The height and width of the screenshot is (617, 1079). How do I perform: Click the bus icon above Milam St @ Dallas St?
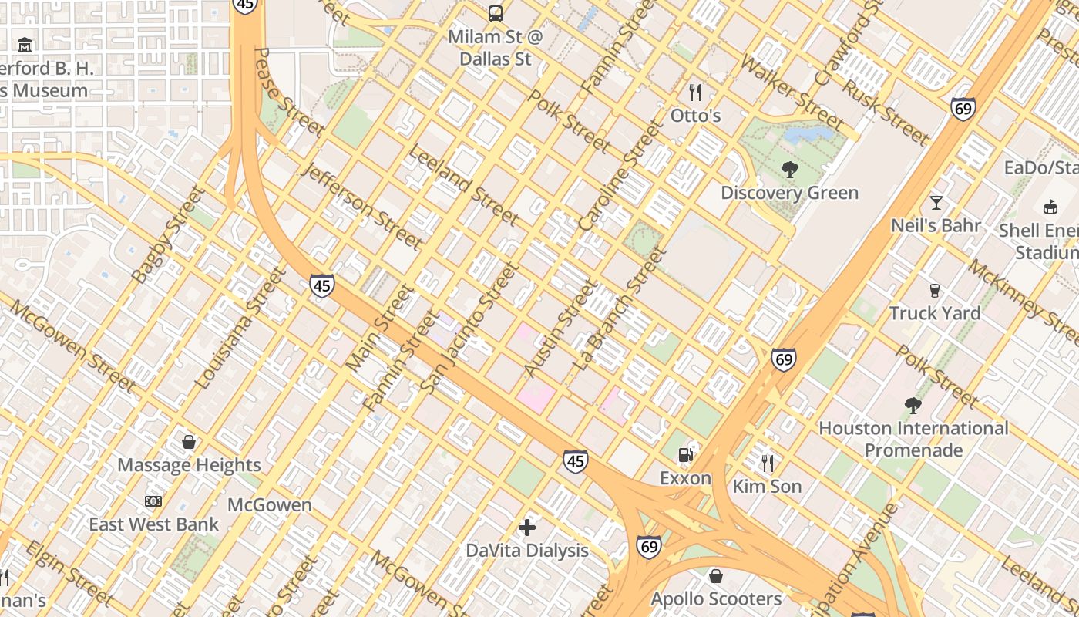[x=496, y=13]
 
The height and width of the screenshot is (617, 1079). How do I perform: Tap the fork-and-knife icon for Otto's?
[x=695, y=93]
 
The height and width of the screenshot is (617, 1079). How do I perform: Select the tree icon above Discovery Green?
[x=789, y=170]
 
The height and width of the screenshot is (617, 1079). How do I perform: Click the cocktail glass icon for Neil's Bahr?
[x=936, y=203]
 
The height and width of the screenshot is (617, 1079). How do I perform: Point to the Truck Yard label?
[x=935, y=313]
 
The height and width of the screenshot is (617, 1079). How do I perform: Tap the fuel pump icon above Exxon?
[x=684, y=455]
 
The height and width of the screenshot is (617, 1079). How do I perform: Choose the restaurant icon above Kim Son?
[x=767, y=463]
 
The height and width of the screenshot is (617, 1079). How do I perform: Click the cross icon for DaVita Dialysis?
[x=527, y=528]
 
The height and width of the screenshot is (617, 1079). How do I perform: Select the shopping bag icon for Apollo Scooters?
[x=716, y=576]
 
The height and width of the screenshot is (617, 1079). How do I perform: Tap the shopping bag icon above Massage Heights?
[x=189, y=442]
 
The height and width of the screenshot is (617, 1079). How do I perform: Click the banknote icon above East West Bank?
[x=153, y=501]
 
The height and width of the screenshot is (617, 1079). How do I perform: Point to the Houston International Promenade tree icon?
[x=913, y=405]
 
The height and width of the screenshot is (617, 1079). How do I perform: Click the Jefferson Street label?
[x=363, y=207]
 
